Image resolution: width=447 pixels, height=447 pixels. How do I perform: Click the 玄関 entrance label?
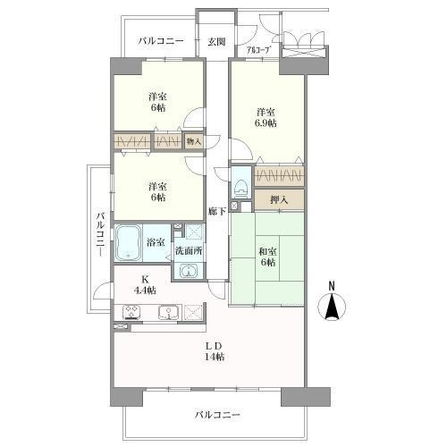point(216,42)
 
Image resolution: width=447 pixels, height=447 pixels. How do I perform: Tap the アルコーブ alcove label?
point(258,50)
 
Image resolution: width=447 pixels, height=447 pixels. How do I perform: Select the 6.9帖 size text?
point(266,123)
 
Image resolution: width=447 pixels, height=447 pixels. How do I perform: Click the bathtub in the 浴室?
point(129,242)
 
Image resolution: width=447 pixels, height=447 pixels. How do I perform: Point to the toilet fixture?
point(241,187)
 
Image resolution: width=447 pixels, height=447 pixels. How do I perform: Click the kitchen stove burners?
point(131,312)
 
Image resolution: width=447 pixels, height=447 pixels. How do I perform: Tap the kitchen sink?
point(169,312)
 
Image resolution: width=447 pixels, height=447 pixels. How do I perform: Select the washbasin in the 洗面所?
point(189,271)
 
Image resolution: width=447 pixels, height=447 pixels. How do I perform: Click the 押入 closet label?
point(279,200)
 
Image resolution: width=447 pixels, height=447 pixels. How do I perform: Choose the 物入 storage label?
point(194,141)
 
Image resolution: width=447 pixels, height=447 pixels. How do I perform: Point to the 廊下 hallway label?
point(217,211)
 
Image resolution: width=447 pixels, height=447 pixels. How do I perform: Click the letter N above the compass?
point(332,286)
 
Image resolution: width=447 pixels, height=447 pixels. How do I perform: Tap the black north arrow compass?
point(332,307)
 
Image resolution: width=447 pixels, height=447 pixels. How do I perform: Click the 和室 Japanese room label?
point(267,252)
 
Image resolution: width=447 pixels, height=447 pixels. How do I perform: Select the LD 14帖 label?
point(215,351)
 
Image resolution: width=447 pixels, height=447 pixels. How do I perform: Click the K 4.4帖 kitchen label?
point(145,285)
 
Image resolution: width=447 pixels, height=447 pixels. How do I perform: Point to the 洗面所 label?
point(189,251)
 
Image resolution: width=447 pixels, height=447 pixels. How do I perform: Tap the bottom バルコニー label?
point(217,415)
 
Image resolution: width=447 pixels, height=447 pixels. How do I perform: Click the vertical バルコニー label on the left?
point(101,233)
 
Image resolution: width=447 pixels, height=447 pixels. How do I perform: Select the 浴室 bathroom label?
point(156,242)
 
